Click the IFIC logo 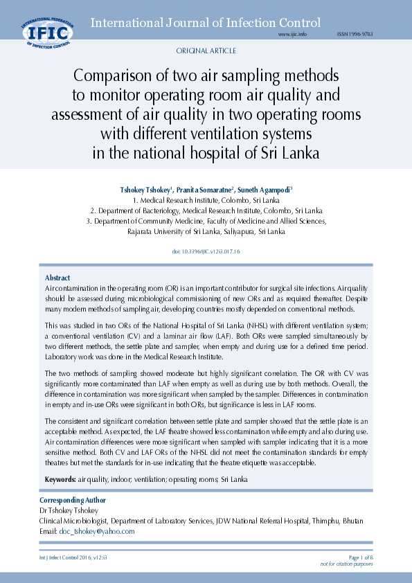[46, 32]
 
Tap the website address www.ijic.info [292, 34]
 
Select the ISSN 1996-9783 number [355, 34]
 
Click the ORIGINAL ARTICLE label [206, 51]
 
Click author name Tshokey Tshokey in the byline [145, 189]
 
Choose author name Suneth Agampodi [264, 189]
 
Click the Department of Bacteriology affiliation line [206, 210]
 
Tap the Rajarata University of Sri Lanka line [206, 231]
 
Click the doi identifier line [206, 251]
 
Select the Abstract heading [57, 277]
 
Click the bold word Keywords [60, 479]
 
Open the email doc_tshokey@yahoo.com [97, 531]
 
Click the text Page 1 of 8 [361, 557]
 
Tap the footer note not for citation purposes [346, 564]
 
